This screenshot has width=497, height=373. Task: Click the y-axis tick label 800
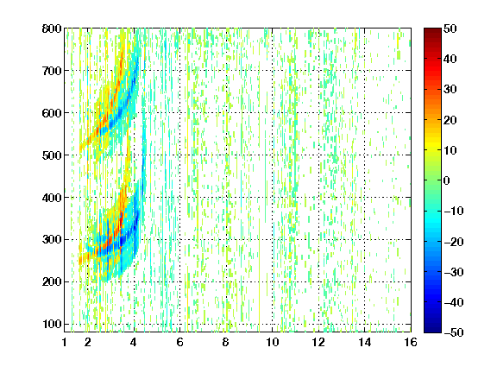(52, 28)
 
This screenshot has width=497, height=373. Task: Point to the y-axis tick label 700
(52, 71)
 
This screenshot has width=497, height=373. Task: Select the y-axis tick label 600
(52, 113)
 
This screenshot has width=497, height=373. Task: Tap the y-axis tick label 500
(52, 155)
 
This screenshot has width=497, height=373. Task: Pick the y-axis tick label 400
(52, 198)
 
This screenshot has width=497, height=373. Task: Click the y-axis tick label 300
(52, 240)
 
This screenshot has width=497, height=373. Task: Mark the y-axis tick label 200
(52, 282)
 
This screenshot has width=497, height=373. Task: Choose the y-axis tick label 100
(52, 324)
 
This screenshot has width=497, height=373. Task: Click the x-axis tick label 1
(65, 342)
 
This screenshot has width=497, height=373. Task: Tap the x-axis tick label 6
(179, 342)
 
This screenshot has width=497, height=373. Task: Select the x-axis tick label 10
(273, 342)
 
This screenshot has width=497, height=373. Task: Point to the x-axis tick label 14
(365, 342)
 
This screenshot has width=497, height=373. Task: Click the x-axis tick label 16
(411, 342)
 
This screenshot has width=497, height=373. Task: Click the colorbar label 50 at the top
(450, 28)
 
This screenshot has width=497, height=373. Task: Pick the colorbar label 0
(447, 180)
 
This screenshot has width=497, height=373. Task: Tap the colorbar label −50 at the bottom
(454, 332)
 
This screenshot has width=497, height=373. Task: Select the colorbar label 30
(450, 90)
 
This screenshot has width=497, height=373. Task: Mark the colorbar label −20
(454, 242)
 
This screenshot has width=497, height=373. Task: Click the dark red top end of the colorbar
(432, 30)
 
